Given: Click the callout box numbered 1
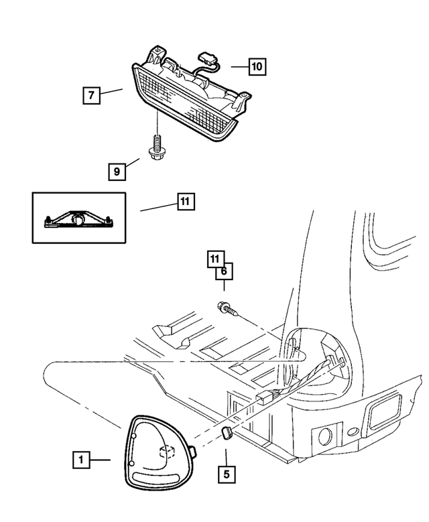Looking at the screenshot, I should (81, 460).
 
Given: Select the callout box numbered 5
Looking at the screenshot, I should (226, 474).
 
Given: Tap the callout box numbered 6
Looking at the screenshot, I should (224, 271).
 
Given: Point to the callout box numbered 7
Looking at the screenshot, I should (92, 95).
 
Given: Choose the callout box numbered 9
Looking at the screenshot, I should (117, 172).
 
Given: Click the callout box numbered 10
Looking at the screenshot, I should (257, 66).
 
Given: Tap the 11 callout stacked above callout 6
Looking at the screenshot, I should (214, 258).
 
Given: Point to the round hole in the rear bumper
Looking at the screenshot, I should (324, 437).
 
